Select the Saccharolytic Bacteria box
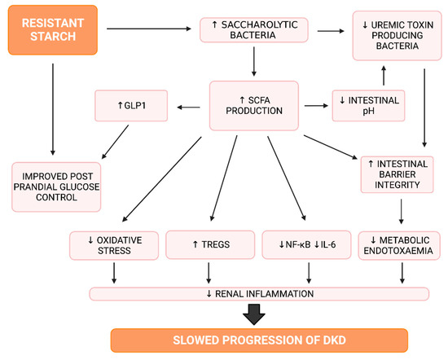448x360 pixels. click(256, 31)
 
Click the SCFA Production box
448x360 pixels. click(256, 105)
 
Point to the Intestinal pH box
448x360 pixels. click(367, 105)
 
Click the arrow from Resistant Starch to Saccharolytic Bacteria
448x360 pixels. click(155, 31)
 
